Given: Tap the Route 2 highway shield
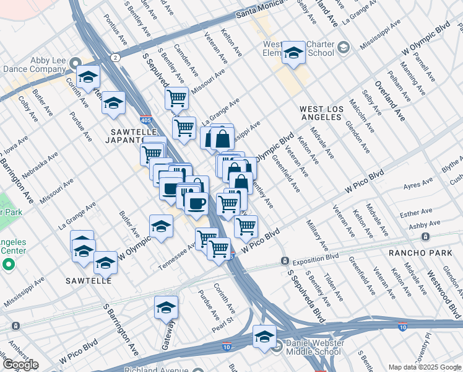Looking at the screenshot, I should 115,58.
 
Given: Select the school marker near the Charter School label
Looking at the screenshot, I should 293,53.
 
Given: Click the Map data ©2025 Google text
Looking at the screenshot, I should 424,367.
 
